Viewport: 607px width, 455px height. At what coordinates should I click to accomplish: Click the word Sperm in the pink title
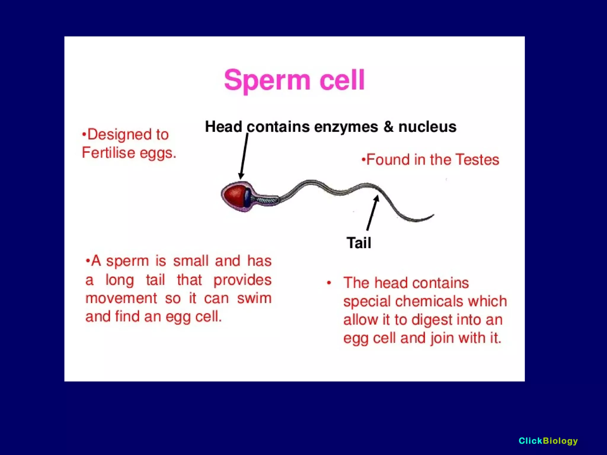[x=267, y=80]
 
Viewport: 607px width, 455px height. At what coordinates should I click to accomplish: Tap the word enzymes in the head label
[x=346, y=127]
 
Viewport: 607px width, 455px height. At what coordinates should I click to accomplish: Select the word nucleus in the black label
[x=427, y=127]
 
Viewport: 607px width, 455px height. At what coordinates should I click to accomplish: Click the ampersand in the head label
[x=388, y=127]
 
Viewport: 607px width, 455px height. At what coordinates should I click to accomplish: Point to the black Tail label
[x=359, y=243]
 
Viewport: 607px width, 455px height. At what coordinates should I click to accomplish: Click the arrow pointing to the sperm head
[x=244, y=156]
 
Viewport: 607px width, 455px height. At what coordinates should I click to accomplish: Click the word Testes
[x=477, y=160]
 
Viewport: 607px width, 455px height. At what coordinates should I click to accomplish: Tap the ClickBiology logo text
[x=548, y=441]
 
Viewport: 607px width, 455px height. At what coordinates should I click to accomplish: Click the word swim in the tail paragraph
[x=254, y=298]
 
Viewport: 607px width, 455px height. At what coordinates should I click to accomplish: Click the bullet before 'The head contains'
[x=329, y=283]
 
